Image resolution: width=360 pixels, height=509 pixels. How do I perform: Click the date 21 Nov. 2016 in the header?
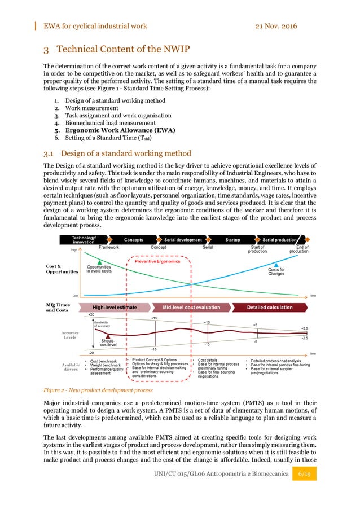click(x=269, y=26)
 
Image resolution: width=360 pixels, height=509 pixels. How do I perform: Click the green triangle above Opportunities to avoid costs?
click(x=99, y=262)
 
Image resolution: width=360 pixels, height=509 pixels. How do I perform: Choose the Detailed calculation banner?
click(x=270, y=308)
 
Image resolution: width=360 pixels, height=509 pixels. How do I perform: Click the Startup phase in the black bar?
click(x=232, y=240)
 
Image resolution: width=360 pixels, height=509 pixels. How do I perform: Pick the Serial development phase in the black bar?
click(x=183, y=240)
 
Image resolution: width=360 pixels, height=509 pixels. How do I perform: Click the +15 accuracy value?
click(x=154, y=318)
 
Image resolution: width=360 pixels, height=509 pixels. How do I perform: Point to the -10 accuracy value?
click(x=207, y=344)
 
